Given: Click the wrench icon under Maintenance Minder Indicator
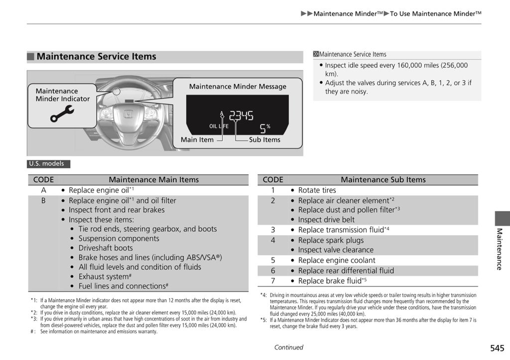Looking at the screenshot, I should point(62,114).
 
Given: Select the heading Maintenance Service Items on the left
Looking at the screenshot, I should point(96,57).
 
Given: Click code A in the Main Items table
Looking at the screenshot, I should point(43,190).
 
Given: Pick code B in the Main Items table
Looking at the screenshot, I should point(43,201).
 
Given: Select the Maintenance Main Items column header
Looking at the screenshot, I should point(153,180).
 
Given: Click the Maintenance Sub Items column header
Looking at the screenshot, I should point(383,180).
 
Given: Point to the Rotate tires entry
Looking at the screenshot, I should point(317,190).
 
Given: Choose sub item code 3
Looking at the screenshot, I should point(273,230).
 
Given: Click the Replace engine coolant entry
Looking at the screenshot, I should point(337,260).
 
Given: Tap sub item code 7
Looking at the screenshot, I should point(273,281).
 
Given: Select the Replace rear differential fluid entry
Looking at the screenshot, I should point(346,271).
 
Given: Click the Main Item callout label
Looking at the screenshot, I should point(197,140).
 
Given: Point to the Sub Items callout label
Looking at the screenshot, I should point(264,140).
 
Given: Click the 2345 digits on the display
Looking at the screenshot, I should point(241,117).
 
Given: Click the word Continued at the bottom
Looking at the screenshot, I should point(288,348).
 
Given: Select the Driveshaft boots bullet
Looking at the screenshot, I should point(105,248).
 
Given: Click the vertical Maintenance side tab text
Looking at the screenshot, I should point(500,249).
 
